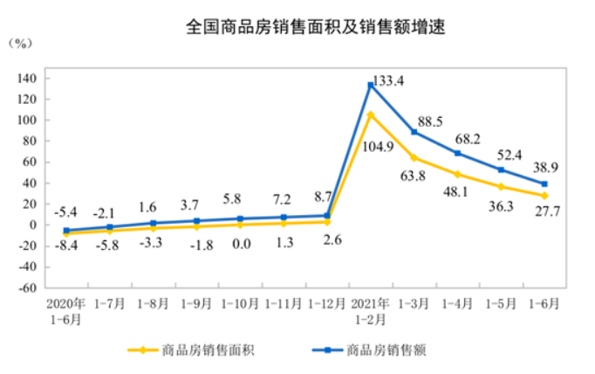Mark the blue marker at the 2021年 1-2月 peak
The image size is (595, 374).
371,86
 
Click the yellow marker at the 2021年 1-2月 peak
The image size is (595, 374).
371,114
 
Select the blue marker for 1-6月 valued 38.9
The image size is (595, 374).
545,184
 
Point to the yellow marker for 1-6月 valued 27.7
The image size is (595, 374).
545,196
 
